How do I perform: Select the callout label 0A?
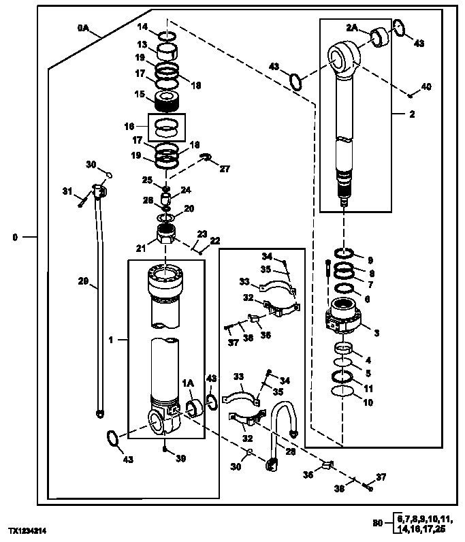point(82,27)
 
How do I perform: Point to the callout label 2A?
point(351,28)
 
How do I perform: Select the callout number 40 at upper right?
point(426,86)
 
